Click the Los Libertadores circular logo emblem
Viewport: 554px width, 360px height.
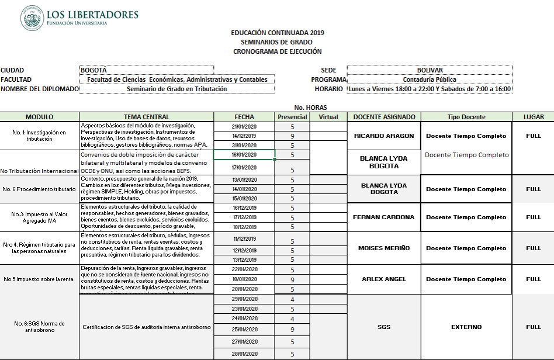point(32,18)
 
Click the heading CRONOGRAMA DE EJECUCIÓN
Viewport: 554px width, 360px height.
point(277,51)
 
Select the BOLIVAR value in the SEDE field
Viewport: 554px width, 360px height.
point(430,70)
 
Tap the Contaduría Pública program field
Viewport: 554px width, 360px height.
point(430,79)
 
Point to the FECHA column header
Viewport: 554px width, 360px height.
point(244,117)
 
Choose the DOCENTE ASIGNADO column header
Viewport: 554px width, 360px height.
point(384,117)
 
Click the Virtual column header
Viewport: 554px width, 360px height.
point(328,117)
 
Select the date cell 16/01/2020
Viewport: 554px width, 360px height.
point(244,155)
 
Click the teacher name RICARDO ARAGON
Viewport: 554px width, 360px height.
point(384,136)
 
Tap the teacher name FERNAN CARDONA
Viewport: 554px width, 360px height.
point(384,217)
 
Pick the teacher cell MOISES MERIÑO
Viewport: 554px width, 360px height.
point(384,248)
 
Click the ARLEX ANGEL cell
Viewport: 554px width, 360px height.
point(384,279)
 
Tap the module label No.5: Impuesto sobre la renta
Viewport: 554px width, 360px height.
point(40,279)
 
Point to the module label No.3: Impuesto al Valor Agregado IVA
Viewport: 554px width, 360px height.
point(40,217)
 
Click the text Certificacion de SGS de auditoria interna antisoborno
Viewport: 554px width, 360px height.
point(147,327)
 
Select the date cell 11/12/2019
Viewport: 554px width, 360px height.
point(244,238)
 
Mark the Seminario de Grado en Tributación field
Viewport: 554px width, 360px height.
point(176,89)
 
